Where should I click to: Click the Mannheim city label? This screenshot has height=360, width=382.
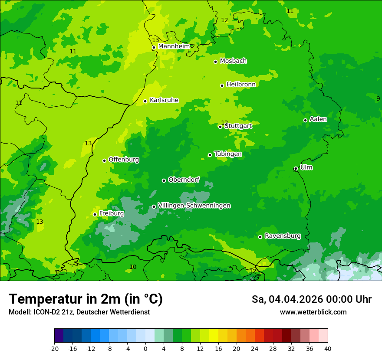pos(174,46)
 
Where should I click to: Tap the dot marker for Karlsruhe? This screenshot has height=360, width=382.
pos(145,101)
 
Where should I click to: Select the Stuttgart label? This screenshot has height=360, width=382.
pos(238,126)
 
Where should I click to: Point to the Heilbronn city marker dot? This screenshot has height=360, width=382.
pos(222,86)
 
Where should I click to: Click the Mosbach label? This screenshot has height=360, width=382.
pos(233,61)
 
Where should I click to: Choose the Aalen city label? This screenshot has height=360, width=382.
pos(318,119)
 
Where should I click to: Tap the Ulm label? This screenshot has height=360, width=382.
pos(306,167)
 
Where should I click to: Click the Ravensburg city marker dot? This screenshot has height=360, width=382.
pos(260,237)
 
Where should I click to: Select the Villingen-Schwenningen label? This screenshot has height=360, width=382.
pos(194,206)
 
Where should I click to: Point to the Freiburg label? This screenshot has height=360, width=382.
pos(111,213)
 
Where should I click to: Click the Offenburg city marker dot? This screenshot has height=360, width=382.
pos(104,160)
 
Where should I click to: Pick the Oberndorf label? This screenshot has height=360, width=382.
pos(184,180)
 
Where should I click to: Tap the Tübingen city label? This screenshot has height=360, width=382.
pos(228,154)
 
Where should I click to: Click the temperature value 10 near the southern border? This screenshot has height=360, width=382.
pos(133,267)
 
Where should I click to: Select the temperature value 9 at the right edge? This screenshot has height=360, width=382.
pos(378,98)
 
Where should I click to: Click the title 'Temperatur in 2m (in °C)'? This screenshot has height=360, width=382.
pos(86,299)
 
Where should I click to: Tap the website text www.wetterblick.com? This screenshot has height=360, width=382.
pos(313,312)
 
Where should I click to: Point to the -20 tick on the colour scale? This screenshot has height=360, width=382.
pos(54,349)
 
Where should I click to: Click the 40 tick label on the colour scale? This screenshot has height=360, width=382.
pos(327,349)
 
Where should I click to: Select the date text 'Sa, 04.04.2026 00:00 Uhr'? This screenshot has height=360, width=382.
pos(311,299)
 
